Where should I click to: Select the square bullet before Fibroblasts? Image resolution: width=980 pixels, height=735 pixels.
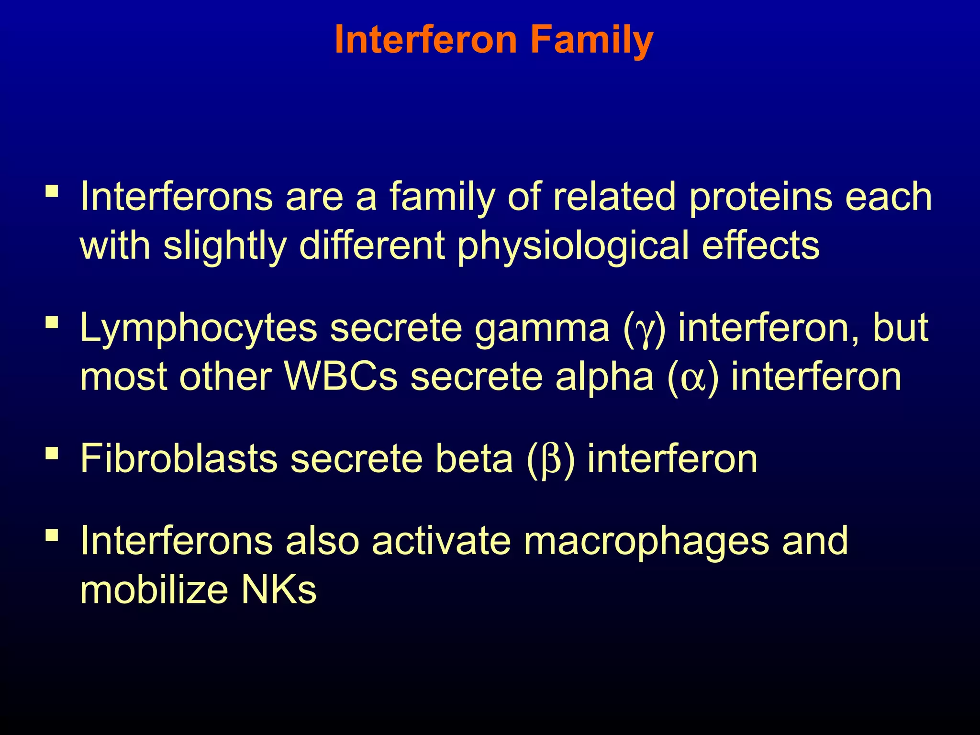point(52,453)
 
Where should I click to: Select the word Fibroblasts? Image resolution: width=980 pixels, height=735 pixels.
point(178,458)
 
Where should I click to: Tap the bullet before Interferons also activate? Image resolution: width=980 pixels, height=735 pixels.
point(52,535)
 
